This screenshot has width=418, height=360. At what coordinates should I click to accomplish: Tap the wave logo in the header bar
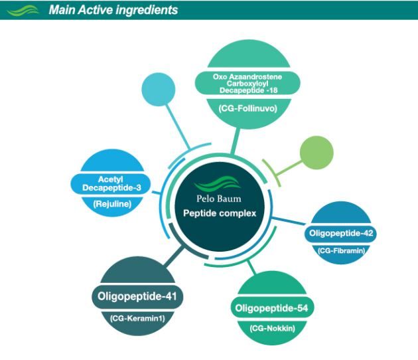tap(27, 10)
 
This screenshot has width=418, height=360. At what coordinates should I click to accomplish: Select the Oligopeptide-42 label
tap(342, 234)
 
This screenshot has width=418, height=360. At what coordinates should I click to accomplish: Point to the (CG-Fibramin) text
tap(342, 250)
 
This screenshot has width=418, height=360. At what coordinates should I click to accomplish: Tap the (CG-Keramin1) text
tap(137, 318)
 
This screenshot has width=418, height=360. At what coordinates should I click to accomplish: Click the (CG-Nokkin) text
tap(272, 327)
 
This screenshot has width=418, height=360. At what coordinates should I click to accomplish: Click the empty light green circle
tap(317, 153)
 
